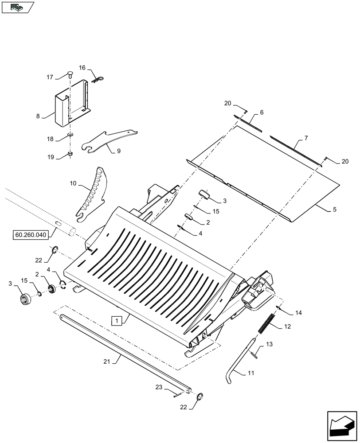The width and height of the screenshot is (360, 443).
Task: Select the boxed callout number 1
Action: point(116,320)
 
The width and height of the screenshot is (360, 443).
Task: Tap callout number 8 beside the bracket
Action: point(38,116)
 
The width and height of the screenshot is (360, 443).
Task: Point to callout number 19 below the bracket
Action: point(50,157)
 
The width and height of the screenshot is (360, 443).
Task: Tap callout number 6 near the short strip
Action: point(262,113)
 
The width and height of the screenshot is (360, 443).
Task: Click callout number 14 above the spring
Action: point(298,313)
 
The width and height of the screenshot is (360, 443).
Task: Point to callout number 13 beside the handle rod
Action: point(269,345)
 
